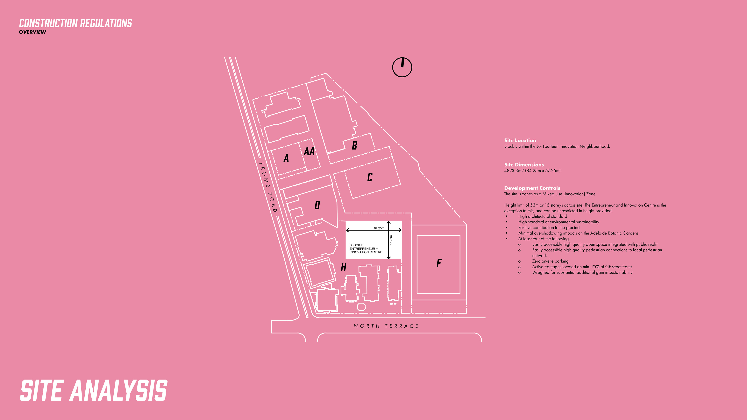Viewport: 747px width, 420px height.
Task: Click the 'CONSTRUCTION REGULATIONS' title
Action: [x=75, y=23]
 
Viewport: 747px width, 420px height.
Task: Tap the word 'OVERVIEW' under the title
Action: [x=32, y=32]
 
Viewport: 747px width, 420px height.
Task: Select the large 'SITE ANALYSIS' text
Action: [x=93, y=390]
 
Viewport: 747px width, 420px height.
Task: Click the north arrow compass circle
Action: [x=402, y=67]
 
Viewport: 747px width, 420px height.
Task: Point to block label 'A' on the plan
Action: [x=286, y=158]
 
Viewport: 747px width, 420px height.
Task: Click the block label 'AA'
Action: [x=309, y=151]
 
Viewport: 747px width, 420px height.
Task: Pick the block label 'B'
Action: [x=354, y=145]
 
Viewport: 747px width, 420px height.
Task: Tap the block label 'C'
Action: [x=370, y=177]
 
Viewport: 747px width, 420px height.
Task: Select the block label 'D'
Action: [x=317, y=205]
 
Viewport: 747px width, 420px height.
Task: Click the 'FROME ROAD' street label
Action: [x=268, y=187]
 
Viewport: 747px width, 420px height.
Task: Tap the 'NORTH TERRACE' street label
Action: [x=386, y=326]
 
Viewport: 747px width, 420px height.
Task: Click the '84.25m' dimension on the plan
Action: [x=379, y=228]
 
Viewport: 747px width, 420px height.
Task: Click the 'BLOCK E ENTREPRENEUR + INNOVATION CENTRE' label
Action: [x=366, y=249]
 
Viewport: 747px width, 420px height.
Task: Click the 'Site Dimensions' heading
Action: [x=524, y=165]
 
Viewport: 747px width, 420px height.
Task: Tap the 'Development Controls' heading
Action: [x=532, y=188]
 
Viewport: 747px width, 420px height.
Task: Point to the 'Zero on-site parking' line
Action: [x=550, y=261]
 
